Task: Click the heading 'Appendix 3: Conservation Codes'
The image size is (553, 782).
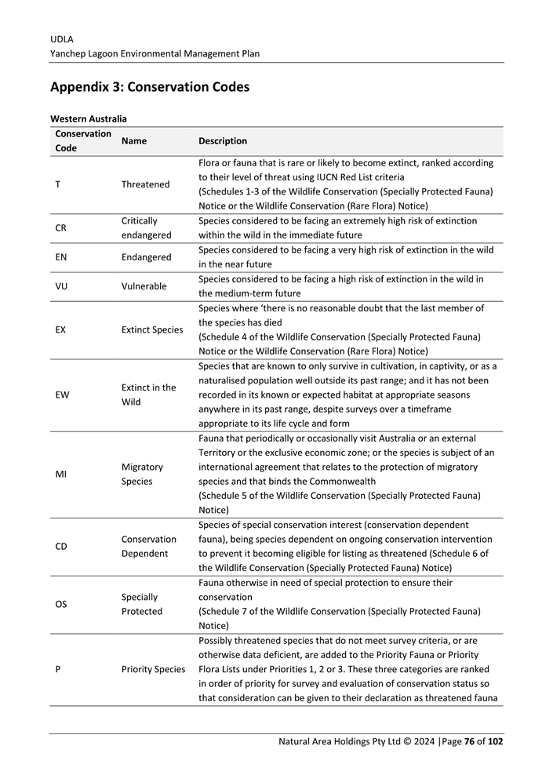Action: tap(149, 87)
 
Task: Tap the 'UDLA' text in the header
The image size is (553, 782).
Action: tap(61, 38)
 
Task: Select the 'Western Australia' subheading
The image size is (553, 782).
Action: tap(88, 119)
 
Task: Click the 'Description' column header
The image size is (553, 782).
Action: tap(223, 141)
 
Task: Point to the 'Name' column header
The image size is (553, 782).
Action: tap(134, 141)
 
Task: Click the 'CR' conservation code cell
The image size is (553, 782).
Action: tap(61, 228)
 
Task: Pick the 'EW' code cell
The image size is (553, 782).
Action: tap(62, 395)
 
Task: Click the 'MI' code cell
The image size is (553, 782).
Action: tap(61, 475)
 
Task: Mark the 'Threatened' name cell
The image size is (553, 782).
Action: tap(145, 184)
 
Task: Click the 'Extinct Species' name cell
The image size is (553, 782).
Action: tap(152, 330)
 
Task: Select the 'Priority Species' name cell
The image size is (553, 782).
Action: tap(154, 670)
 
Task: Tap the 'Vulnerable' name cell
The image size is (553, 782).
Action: tap(144, 286)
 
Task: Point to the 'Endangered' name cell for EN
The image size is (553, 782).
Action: tap(146, 257)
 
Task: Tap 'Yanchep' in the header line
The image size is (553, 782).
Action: tap(69, 53)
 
